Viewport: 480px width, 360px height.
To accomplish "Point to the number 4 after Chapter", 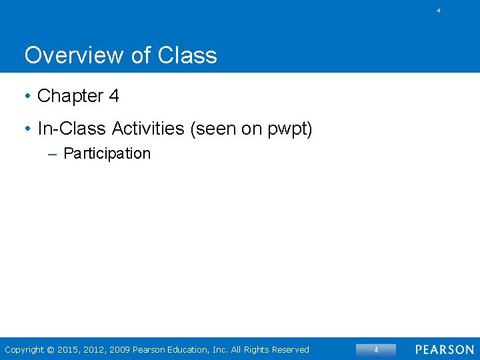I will [114, 96].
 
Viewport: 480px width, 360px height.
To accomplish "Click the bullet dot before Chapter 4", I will [27, 97].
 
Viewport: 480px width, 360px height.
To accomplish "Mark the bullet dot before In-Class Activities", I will [27, 129].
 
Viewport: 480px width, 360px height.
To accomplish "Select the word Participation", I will [107, 153].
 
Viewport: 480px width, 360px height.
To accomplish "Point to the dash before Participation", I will [53, 154].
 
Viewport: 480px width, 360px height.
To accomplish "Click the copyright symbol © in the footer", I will [52, 349].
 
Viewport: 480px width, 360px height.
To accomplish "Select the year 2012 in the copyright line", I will [94, 349].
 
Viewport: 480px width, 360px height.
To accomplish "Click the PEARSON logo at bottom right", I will [445, 349].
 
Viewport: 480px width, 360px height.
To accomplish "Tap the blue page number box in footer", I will [375, 349].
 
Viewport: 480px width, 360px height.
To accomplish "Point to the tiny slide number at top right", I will [438, 11].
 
